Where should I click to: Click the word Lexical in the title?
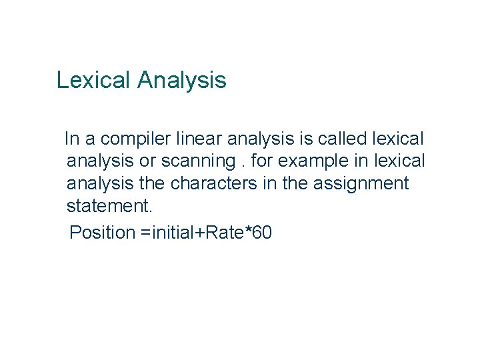[x=94, y=81]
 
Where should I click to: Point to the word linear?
[x=199, y=139]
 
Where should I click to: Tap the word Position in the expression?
[x=102, y=233]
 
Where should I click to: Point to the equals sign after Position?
[x=145, y=233]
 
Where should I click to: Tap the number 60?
[x=263, y=233]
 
